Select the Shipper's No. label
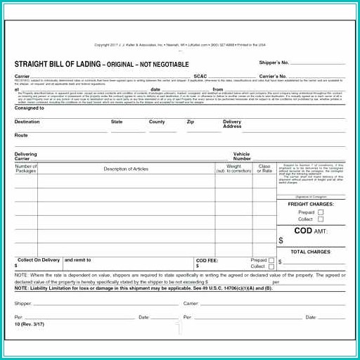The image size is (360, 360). click(x=274, y=63)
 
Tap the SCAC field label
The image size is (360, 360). click(x=200, y=76)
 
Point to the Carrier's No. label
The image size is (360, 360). click(x=273, y=76)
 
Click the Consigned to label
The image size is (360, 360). click(x=30, y=108)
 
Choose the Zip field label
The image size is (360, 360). click(x=190, y=122)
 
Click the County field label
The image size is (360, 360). click(x=157, y=122)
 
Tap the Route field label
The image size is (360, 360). click(x=21, y=134)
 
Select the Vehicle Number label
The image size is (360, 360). click(x=241, y=156)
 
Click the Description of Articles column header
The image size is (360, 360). click(x=126, y=169)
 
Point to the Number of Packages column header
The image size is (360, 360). click(x=26, y=169)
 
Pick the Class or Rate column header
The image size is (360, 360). click(x=264, y=169)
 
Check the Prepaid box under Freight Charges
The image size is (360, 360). click(x=321, y=212)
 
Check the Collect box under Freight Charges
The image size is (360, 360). click(x=321, y=219)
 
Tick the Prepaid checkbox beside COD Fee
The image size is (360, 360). click(x=271, y=260)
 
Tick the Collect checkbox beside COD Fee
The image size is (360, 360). click(x=271, y=266)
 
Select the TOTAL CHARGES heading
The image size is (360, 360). click(x=310, y=252)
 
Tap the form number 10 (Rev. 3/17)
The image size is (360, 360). click(x=30, y=323)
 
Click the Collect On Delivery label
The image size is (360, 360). click(x=39, y=260)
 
